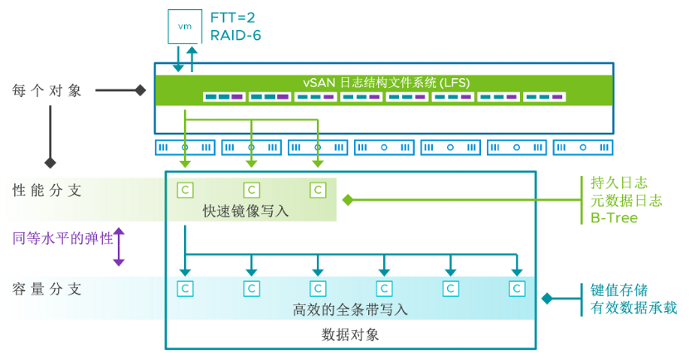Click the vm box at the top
click(185, 26)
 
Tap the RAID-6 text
click(236, 36)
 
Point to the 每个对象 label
click(47, 90)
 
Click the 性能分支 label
click(47, 190)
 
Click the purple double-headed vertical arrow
click(119, 247)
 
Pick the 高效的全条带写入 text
click(351, 309)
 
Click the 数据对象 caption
click(350, 335)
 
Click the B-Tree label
click(613, 218)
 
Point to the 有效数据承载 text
click(634, 309)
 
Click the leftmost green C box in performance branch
click(185, 190)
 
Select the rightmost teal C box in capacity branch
click(517, 289)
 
